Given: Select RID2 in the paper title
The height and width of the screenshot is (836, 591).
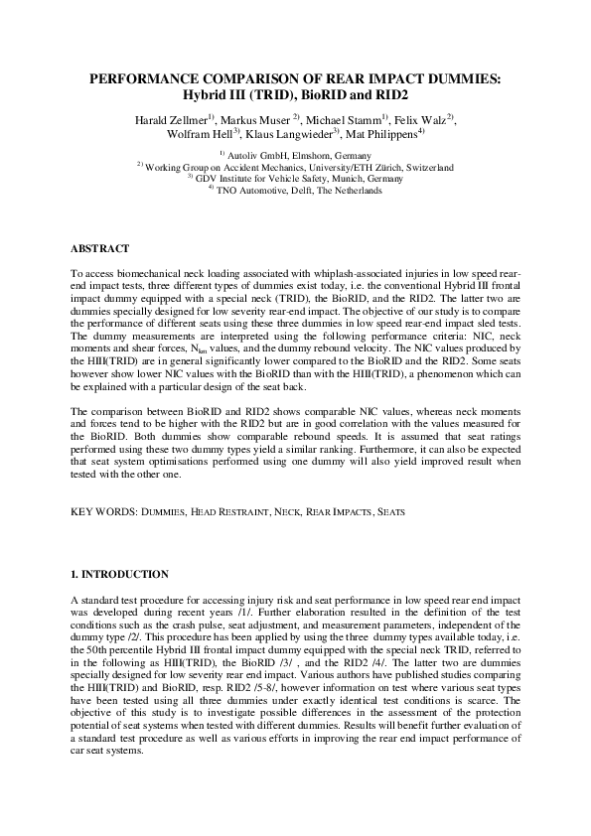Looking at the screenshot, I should click(x=388, y=95).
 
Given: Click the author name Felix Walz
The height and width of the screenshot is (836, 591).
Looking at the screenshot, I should click(x=427, y=120).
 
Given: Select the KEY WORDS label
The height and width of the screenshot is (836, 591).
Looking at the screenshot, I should click(x=103, y=512).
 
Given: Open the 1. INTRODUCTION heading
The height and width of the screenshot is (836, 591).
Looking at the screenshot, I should click(x=120, y=575).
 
